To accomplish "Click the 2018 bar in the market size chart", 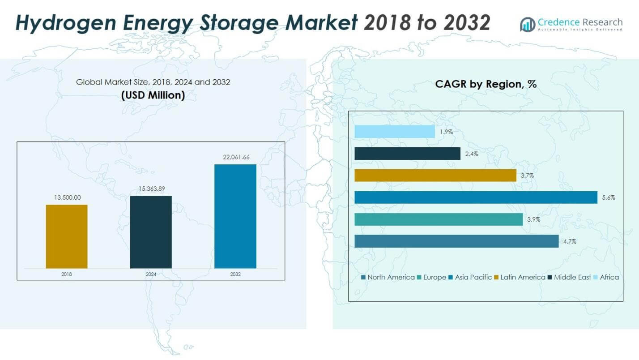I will [67, 236].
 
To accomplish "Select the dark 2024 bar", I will [151, 232].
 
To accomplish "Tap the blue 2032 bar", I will [235, 216].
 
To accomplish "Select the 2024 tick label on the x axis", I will [151, 274].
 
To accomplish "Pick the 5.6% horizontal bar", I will [476, 197].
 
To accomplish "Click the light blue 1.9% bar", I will [395, 132].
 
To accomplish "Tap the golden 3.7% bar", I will [435, 176].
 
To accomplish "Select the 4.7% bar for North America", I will [456, 241].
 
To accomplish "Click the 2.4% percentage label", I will [471, 154].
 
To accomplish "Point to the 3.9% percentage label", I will [533, 219].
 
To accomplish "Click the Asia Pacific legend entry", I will [473, 277].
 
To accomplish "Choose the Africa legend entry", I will [609, 277].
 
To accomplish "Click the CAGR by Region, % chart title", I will [486, 84].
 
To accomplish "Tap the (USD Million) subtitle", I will [153, 95].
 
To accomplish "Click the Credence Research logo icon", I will [528, 24].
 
